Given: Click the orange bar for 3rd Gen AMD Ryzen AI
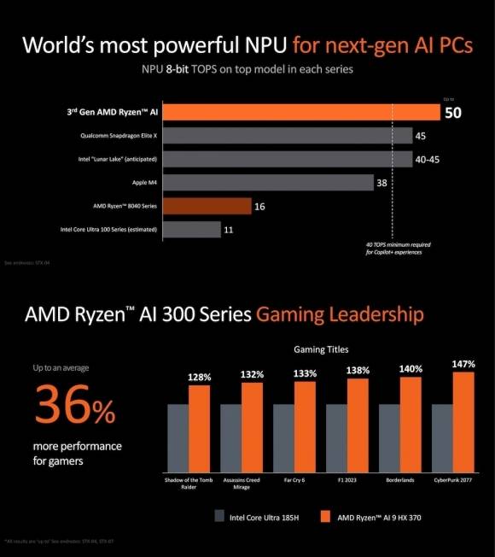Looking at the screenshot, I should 299,112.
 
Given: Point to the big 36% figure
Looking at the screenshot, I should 75,408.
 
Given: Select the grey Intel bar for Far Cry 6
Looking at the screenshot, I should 283,436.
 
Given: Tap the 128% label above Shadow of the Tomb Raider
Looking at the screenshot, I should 200,377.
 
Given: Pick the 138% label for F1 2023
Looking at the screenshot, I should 358,372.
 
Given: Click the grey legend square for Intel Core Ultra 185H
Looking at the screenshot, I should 221,516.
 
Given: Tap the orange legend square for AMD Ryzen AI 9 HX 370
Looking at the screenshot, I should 323,516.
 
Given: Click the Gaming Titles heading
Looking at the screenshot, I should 320,349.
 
